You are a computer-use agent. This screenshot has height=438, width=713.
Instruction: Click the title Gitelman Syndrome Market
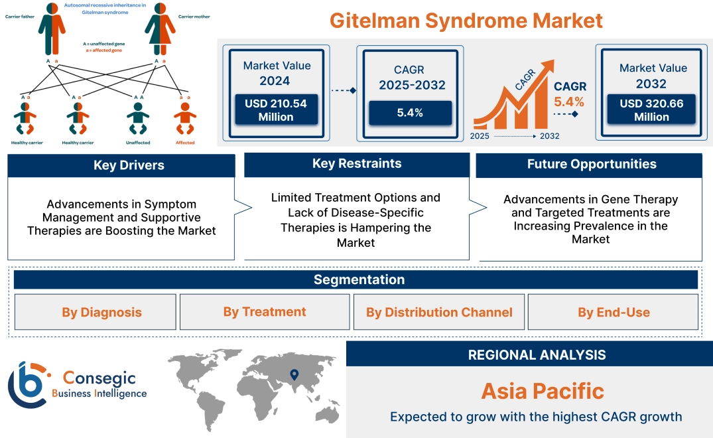click(466, 21)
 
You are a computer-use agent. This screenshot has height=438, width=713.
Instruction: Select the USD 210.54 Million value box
click(275, 110)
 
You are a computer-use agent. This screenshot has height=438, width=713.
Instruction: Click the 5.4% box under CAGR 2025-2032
click(410, 113)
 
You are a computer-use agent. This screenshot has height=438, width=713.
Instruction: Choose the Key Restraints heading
click(357, 164)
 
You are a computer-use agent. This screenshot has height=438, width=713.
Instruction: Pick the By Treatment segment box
click(265, 312)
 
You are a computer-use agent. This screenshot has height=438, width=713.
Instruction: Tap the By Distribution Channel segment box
click(439, 312)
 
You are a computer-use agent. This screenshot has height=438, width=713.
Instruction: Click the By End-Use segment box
click(614, 312)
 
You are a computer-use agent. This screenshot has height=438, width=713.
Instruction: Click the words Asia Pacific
click(543, 391)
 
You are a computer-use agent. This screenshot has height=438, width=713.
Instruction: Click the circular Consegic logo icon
click(27, 385)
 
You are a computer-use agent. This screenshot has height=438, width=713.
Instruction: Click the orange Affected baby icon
click(185, 119)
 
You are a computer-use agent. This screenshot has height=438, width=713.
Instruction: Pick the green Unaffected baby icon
click(138, 119)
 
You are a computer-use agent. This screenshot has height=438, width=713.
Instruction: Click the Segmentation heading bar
click(359, 279)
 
